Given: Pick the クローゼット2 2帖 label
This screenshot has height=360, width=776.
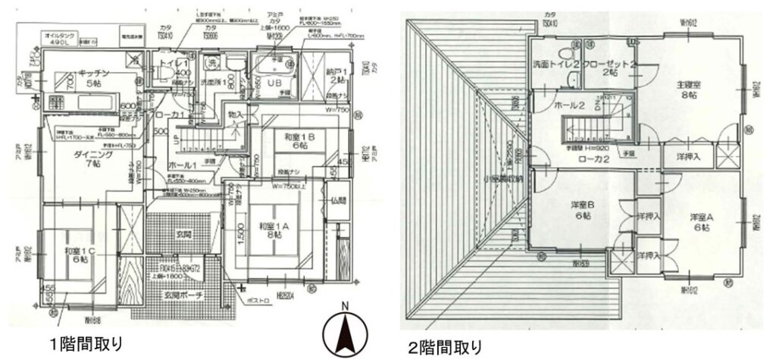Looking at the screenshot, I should coord(609,69).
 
